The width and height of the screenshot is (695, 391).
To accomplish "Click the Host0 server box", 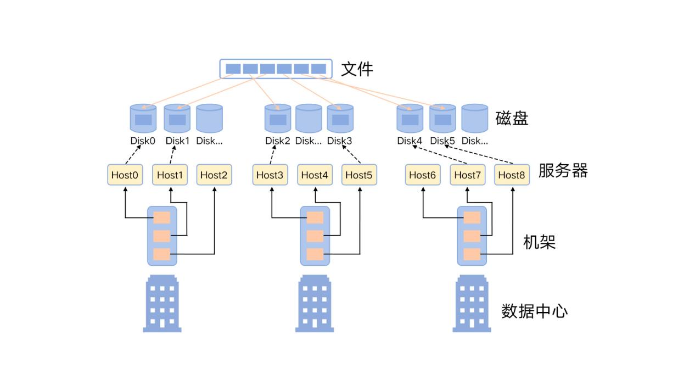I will click(x=125, y=175).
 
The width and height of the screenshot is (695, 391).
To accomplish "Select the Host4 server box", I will click(x=315, y=175).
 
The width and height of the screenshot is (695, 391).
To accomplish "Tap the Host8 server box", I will click(x=512, y=175).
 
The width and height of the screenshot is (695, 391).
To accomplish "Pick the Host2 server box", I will click(x=214, y=175).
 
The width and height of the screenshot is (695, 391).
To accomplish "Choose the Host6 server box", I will click(x=422, y=175).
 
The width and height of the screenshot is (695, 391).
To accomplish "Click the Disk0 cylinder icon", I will click(x=143, y=118).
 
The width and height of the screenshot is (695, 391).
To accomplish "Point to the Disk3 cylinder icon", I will click(x=340, y=118).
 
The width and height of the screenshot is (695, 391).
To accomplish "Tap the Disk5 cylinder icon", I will click(x=442, y=118).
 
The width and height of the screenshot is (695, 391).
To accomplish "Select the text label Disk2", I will click(x=278, y=141).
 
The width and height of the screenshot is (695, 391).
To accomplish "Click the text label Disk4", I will click(x=409, y=141).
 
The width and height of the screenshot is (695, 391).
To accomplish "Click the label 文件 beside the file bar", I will click(x=357, y=69).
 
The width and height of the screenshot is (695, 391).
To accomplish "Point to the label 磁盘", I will click(x=512, y=119).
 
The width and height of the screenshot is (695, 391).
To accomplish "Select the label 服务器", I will click(x=563, y=171).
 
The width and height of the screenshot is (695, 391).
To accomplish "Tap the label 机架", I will click(x=539, y=242).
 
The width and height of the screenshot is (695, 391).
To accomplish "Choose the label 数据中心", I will click(x=534, y=311).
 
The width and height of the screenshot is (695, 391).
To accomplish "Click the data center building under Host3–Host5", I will click(x=315, y=304).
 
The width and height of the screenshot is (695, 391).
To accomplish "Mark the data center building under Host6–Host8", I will click(x=472, y=304).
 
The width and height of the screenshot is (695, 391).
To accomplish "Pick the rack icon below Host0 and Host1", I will click(x=162, y=236).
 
